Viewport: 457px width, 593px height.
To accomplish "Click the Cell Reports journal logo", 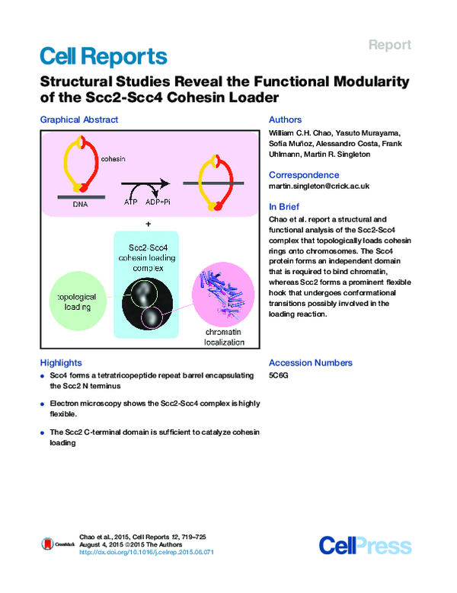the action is click(x=104, y=57).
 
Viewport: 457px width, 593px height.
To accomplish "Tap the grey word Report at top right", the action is click(x=390, y=45).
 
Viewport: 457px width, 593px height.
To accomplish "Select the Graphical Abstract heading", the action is click(x=79, y=120).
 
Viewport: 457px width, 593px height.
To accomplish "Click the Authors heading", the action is click(x=286, y=120).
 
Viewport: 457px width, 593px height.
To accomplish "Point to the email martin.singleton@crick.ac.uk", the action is click(x=319, y=186).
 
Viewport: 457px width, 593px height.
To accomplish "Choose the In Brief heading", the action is click(x=284, y=206).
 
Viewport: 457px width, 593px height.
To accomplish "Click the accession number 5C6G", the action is click(x=279, y=375).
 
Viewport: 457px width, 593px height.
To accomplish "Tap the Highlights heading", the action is click(x=61, y=362).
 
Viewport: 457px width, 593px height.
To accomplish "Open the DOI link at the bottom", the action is click(x=146, y=552).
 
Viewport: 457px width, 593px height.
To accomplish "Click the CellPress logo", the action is click(x=365, y=546).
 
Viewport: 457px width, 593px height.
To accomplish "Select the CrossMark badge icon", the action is click(x=47, y=544).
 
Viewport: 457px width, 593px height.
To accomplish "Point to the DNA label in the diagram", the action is click(x=81, y=204).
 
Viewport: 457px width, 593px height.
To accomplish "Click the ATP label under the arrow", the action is click(x=130, y=202).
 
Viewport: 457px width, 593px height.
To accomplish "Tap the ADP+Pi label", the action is click(x=158, y=202).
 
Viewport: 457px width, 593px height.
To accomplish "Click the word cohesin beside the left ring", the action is click(x=113, y=159).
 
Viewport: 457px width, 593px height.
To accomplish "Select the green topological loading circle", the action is click(x=78, y=301).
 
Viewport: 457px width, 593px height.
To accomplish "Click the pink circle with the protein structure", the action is click(x=223, y=295).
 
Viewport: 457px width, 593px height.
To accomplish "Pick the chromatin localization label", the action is click(x=224, y=337).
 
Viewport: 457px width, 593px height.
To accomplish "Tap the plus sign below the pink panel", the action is click(x=149, y=224).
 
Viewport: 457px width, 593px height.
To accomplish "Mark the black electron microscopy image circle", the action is click(x=147, y=303).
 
